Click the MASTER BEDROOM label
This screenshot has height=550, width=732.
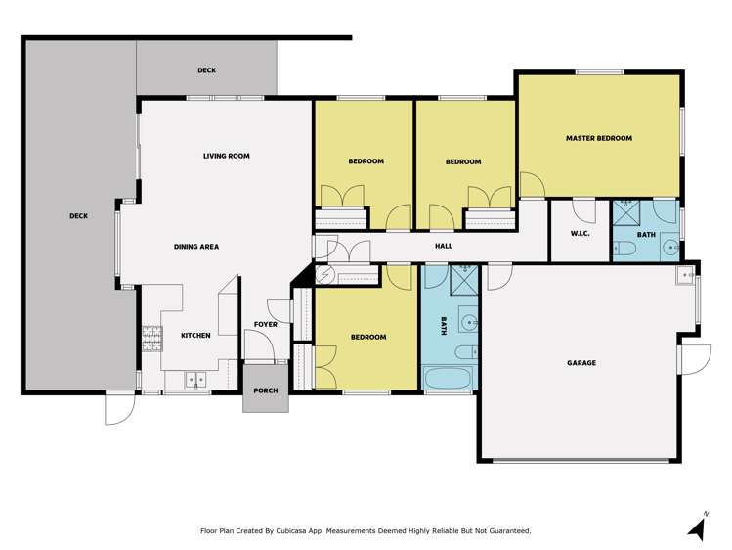(x=598, y=138)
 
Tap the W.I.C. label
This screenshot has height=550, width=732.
(x=579, y=234)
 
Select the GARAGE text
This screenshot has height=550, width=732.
(x=581, y=363)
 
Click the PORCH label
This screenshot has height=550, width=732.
(x=265, y=390)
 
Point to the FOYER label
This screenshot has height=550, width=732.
(x=265, y=324)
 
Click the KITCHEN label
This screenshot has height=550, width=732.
(x=194, y=336)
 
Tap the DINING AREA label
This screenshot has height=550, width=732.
(x=195, y=247)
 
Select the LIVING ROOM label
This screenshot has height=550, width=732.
(x=226, y=156)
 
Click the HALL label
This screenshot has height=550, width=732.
(x=443, y=246)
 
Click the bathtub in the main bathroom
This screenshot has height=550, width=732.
(x=449, y=377)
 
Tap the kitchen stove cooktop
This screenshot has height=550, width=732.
(x=151, y=338)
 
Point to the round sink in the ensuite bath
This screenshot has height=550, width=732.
(x=670, y=249)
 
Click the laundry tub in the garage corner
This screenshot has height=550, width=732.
(x=682, y=275)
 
